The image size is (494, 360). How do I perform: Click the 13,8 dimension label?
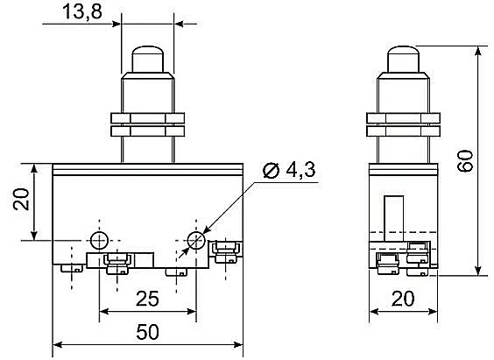82,12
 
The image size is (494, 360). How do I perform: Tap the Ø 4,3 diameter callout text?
289,171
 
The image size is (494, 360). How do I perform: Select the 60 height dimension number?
465,160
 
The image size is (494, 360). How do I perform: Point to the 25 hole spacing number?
147,299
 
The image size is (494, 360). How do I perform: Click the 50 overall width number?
147,332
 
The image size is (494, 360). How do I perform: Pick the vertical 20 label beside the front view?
21,199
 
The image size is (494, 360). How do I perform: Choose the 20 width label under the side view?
403,299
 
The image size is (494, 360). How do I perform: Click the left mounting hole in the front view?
99,241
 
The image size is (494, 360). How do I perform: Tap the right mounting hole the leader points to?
196,241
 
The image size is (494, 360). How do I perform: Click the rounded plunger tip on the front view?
147,60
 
